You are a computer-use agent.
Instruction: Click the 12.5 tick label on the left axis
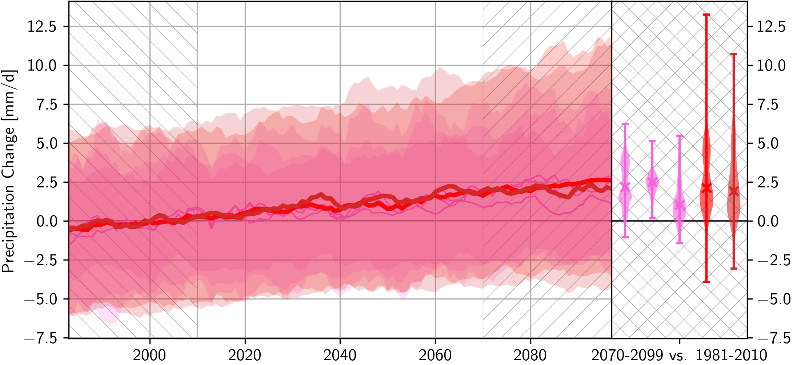(x=42, y=27)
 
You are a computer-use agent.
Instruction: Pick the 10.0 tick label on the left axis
(x=42, y=66)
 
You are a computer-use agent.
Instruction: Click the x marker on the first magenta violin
(x=625, y=187)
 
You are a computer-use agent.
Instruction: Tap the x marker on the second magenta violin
(x=652, y=182)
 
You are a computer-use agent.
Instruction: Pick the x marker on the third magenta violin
(x=679, y=205)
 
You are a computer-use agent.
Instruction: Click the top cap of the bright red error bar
(x=706, y=15)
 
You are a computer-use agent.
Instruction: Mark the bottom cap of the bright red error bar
(x=706, y=282)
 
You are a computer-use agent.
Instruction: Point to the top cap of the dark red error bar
(x=734, y=54)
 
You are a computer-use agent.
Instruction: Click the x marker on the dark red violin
(x=734, y=191)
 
